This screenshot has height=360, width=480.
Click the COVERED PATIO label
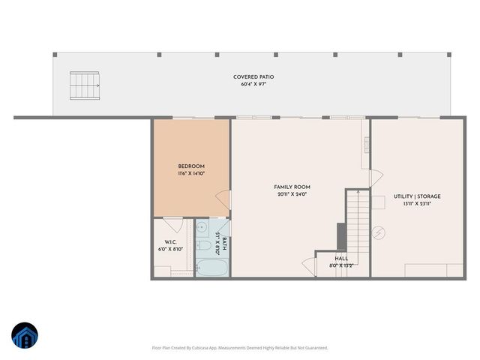253,77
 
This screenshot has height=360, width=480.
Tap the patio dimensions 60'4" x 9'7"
253,85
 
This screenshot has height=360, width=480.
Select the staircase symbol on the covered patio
85,85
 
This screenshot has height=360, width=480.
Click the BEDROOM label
191,166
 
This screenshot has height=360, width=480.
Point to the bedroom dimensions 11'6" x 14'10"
191,173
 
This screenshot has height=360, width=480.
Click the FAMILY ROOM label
292,187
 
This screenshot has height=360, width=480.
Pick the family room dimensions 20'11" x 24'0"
292,194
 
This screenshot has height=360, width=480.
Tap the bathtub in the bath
207,267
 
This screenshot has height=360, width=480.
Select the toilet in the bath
202,245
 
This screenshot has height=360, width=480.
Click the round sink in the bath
202,227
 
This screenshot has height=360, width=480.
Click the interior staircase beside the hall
358,221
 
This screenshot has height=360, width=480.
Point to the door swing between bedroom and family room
223,200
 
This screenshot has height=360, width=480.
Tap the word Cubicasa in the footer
203,348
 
